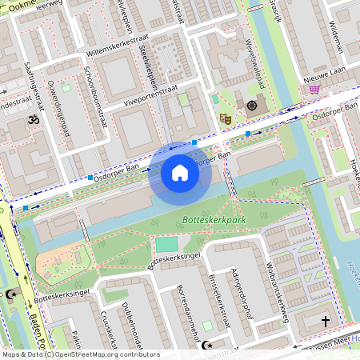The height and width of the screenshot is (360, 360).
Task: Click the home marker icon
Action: (x=180, y=173)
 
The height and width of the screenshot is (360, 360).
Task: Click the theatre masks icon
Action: (x=226, y=118)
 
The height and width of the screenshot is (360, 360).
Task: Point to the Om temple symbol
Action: (x=33, y=119)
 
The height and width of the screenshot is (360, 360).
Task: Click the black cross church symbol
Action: (x=325, y=321)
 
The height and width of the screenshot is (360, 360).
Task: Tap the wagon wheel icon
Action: (x=252, y=105)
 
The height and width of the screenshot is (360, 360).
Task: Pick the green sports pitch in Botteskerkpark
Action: (x=166, y=245)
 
